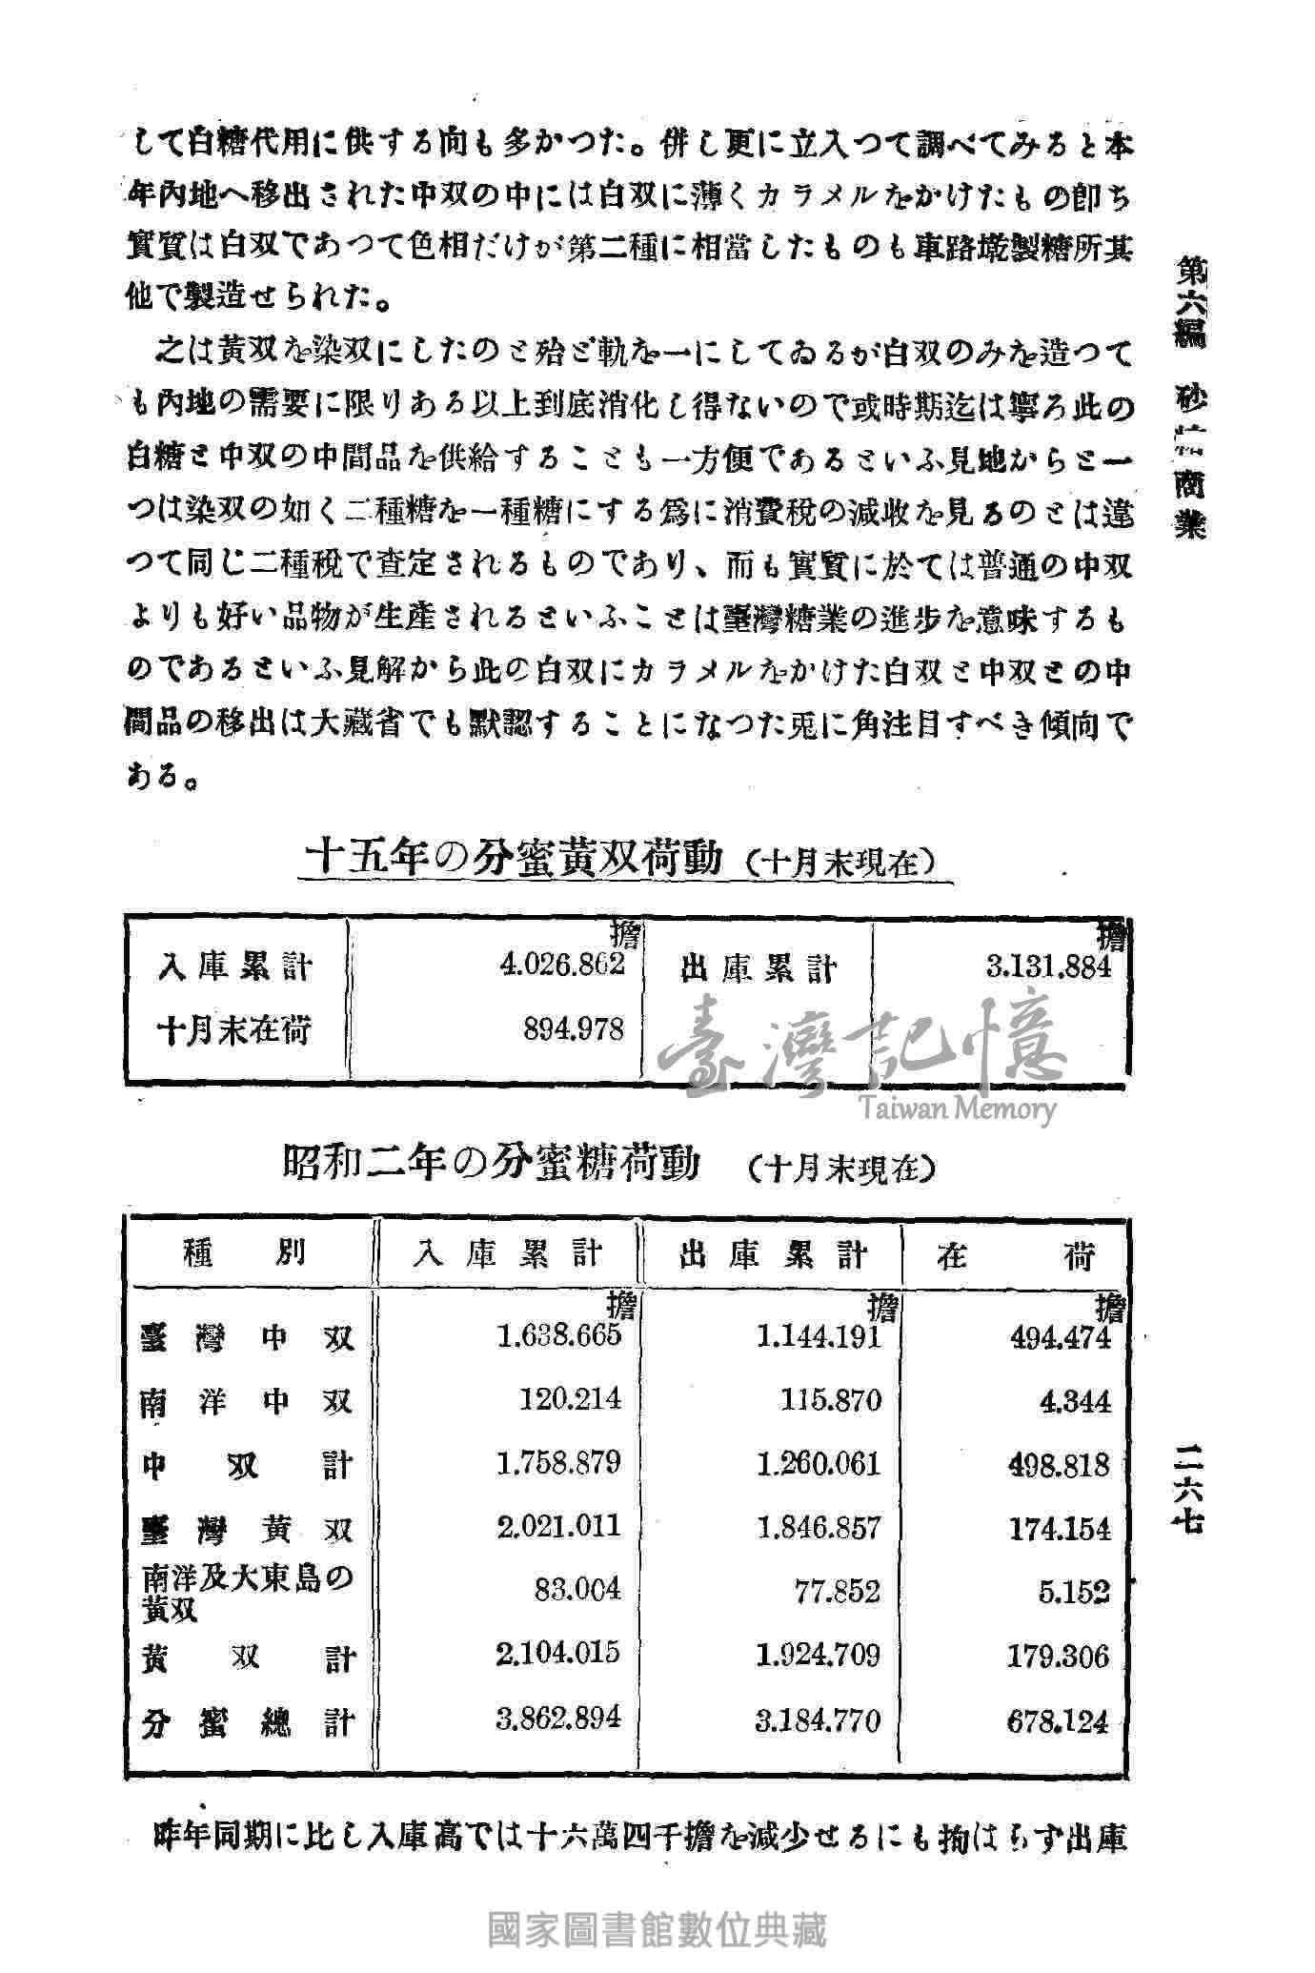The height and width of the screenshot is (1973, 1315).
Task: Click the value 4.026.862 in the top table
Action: [562, 964]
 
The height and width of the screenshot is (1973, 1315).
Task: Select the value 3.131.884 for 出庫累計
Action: [1049, 966]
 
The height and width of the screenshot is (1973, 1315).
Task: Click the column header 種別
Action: [245, 1252]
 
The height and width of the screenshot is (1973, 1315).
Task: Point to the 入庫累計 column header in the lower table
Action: [508, 1252]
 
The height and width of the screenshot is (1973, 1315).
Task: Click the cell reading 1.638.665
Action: [559, 1334]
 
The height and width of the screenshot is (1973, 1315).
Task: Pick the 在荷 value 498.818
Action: [1059, 1464]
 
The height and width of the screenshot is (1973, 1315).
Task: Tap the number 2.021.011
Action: [559, 1526]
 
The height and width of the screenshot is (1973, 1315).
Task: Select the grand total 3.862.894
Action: [559, 1717]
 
